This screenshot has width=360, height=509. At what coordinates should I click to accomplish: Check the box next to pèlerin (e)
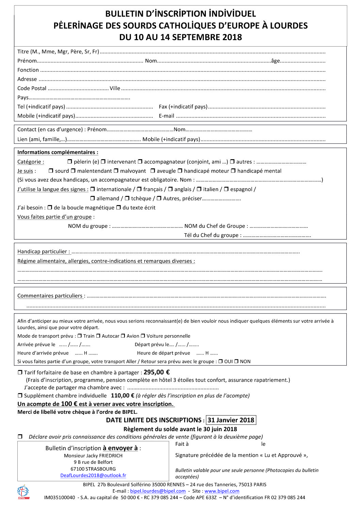tap(70, 162)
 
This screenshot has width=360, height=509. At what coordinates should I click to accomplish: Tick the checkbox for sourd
tap(51, 171)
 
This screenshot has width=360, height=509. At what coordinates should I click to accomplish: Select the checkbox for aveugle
tap(153, 171)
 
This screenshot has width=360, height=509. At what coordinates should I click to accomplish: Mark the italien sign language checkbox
tap(199, 189)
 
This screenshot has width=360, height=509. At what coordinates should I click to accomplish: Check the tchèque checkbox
tap(127, 198)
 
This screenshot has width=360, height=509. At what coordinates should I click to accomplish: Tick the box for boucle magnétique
tap(50, 207)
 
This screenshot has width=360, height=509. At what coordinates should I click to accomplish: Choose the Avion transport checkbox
tap(123, 336)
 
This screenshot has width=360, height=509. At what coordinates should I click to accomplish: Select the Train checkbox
tap(80, 336)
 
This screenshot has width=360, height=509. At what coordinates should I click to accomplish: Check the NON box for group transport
tap(236, 361)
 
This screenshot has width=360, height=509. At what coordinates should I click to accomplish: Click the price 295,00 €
tap(157, 372)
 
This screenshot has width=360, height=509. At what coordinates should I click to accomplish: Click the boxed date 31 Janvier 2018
tap(231, 420)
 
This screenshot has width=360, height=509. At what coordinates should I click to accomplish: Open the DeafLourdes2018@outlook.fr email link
tap(93, 475)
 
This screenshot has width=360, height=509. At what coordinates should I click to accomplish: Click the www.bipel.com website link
tap(222, 491)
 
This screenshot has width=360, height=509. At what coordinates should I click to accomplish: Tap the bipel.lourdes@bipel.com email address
tap(158, 491)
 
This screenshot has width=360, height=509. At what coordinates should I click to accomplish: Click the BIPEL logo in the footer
tap(23, 492)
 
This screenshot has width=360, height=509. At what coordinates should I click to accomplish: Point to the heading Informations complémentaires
tap(58, 152)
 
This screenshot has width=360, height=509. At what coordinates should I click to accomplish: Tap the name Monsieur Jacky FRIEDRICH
tap(93, 456)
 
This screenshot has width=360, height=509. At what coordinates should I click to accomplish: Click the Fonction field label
tap(28, 70)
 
